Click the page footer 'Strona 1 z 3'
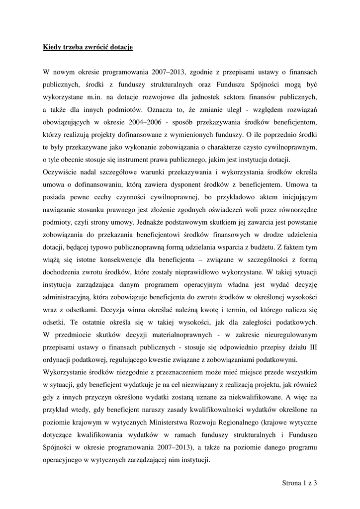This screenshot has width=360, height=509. tap(299, 482)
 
